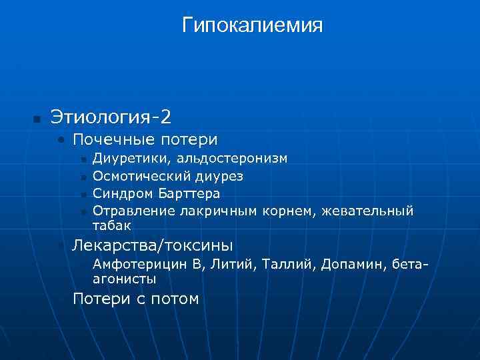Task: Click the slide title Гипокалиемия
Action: click(252, 25)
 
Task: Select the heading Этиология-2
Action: click(111, 117)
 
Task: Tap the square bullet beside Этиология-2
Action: click(37, 119)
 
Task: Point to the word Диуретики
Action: click(125, 159)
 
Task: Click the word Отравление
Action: click(133, 211)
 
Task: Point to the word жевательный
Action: click(367, 211)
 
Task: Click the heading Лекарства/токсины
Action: click(153, 245)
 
